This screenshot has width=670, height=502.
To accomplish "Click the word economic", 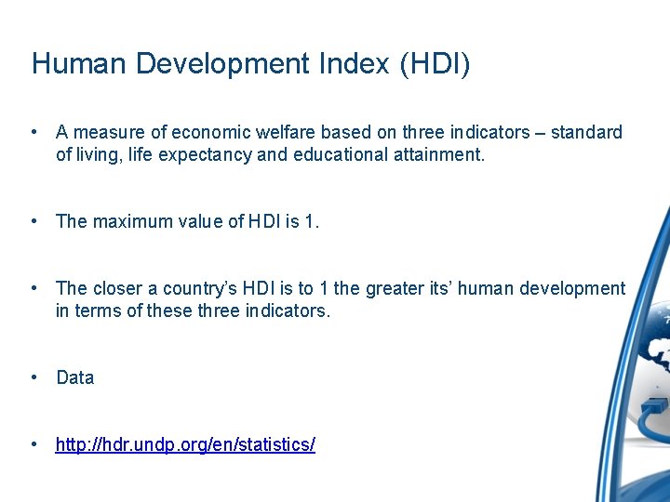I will pos(201,133).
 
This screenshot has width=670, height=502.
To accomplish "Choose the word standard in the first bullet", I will pos(586,133).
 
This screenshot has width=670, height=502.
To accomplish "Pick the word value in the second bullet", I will pos(197,222).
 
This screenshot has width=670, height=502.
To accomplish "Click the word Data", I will pos(74,378).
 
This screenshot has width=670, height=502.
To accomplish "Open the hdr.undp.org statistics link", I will pos(185,445).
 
